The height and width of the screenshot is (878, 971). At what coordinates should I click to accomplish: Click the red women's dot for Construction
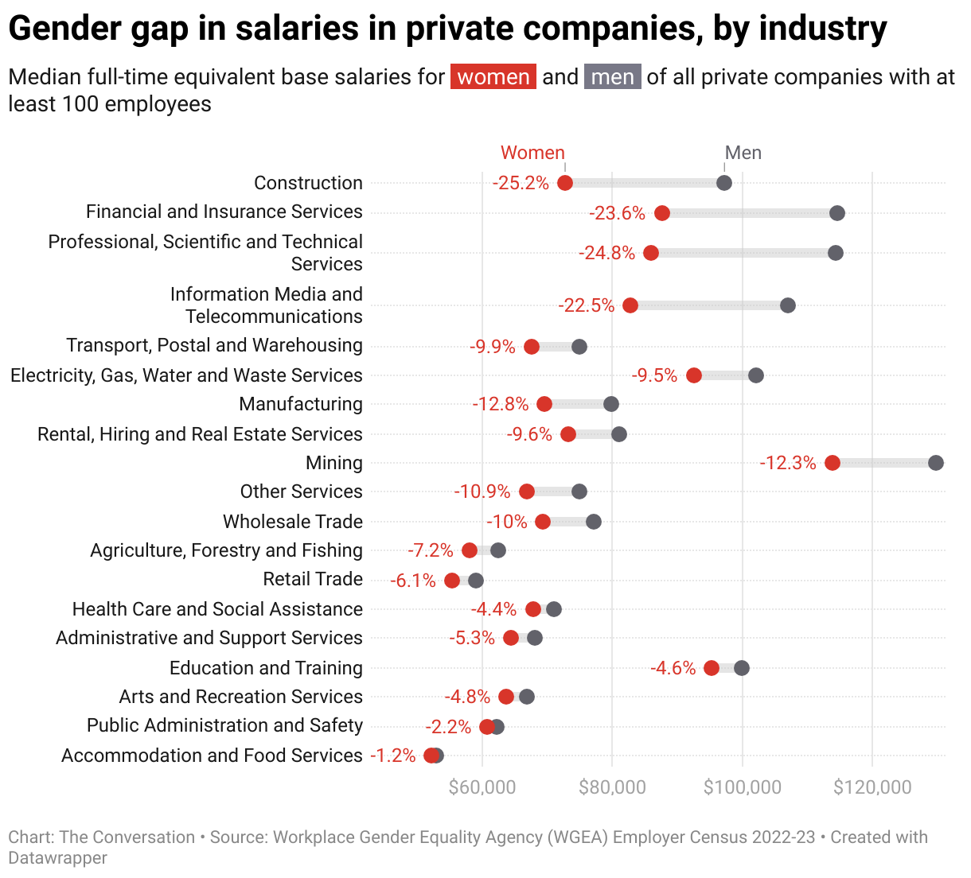[x=565, y=183]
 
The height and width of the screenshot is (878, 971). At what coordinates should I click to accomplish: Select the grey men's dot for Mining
[x=936, y=463]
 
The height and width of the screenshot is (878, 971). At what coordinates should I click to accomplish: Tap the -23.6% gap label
[x=617, y=213]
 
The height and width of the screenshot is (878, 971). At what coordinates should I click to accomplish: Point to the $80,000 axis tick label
[x=612, y=787]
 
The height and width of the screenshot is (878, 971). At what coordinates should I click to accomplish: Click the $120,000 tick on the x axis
[x=872, y=787]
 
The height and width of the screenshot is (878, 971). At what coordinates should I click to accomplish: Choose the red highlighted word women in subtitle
[x=493, y=77]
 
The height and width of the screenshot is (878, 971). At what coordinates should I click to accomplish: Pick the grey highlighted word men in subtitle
[x=613, y=77]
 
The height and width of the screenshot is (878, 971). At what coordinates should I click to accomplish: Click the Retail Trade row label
[x=313, y=579]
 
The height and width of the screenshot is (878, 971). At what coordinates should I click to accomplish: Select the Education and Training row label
[x=266, y=668]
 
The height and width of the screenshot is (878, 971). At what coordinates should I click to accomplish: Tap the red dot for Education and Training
[x=712, y=668]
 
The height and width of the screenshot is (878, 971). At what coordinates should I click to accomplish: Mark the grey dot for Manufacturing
[x=611, y=404]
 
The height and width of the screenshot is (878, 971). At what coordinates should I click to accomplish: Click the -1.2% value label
[x=393, y=756]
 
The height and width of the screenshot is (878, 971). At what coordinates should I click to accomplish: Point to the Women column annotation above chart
[x=532, y=153]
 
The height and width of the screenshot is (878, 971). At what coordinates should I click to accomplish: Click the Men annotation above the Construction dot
[x=743, y=153]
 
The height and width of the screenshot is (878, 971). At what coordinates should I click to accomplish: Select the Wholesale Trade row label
[x=293, y=522]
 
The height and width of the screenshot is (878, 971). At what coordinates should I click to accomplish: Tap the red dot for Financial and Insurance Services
[x=662, y=213]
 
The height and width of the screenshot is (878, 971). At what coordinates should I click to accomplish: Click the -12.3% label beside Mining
[x=788, y=463]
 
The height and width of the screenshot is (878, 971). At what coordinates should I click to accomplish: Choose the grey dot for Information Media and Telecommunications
[x=788, y=305]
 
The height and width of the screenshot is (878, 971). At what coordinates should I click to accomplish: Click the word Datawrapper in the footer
[x=57, y=858]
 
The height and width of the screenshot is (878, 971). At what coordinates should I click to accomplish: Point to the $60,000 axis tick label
[x=482, y=787]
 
